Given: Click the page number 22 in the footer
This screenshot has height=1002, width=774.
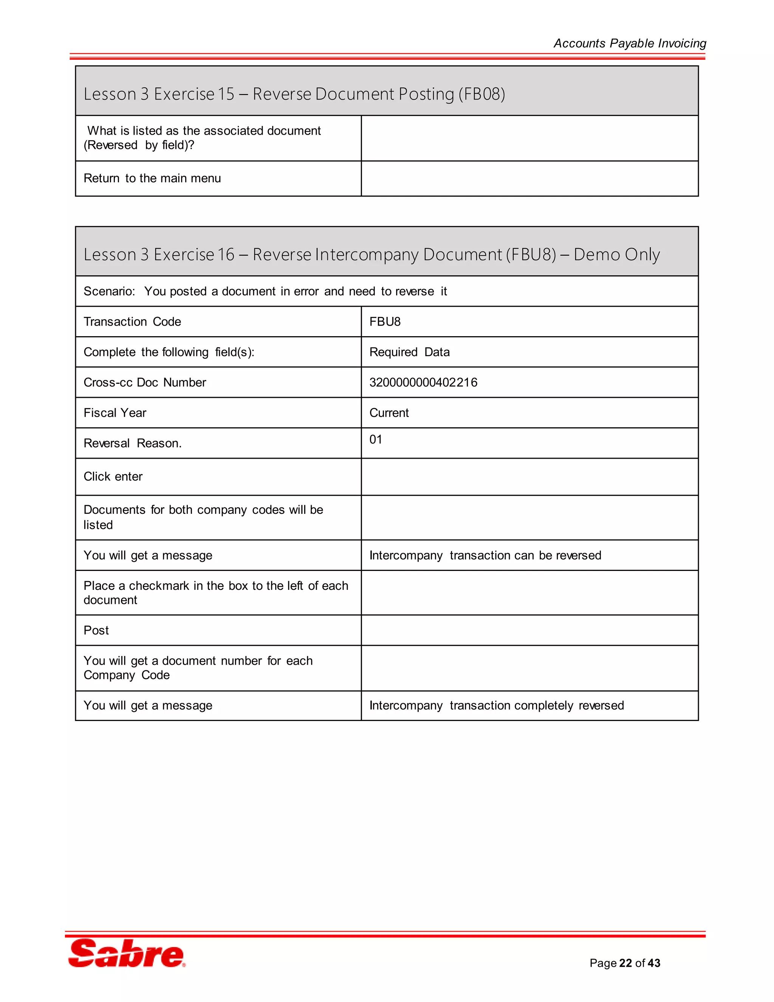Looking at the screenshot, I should (x=625, y=963).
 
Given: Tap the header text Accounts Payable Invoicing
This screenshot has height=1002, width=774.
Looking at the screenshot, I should (x=630, y=43).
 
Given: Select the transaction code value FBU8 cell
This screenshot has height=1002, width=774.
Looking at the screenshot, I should (x=385, y=322).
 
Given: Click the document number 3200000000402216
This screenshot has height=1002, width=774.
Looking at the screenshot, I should (x=423, y=382).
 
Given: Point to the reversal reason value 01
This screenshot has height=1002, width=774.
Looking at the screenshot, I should (x=376, y=439).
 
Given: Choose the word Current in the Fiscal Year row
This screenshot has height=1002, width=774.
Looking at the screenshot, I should (x=389, y=413).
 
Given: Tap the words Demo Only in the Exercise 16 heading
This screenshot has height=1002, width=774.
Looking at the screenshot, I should (x=616, y=254).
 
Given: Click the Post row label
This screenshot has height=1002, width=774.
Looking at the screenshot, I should (x=96, y=630).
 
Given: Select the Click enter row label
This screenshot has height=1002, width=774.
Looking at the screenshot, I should (x=113, y=476).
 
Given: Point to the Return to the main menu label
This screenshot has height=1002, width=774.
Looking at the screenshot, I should (x=152, y=178).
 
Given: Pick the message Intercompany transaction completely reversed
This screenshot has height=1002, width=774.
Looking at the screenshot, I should (x=497, y=705).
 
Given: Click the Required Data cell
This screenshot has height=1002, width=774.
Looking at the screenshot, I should (x=409, y=352).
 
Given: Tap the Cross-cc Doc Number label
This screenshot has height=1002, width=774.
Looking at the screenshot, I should (x=144, y=382).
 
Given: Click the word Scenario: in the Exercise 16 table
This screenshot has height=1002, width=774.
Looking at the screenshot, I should (x=109, y=291).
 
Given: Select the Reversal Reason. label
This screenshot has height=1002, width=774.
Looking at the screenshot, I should (x=133, y=443).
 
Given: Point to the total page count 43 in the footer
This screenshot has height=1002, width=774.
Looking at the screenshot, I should (x=654, y=963).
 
